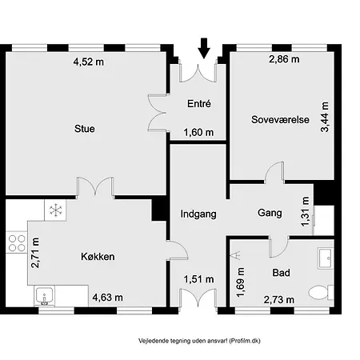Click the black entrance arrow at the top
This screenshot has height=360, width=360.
pos(204,48)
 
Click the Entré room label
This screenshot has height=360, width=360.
pos(198,104)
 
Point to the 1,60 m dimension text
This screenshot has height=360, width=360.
pos(198,133)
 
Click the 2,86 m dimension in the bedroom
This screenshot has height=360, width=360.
pos(284,60)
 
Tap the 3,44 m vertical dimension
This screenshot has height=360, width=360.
pos(325,122)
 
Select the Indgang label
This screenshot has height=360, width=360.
pos(198,214)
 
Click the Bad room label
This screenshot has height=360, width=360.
pos(281,273)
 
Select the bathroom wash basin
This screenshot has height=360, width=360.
pos(326,257)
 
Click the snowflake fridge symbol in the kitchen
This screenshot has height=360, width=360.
pos(56,210)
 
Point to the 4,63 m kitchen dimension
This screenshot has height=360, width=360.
pos(107,298)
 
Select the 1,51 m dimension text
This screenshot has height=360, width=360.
pos(199,279)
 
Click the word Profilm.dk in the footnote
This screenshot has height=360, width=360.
pos(246,339)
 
